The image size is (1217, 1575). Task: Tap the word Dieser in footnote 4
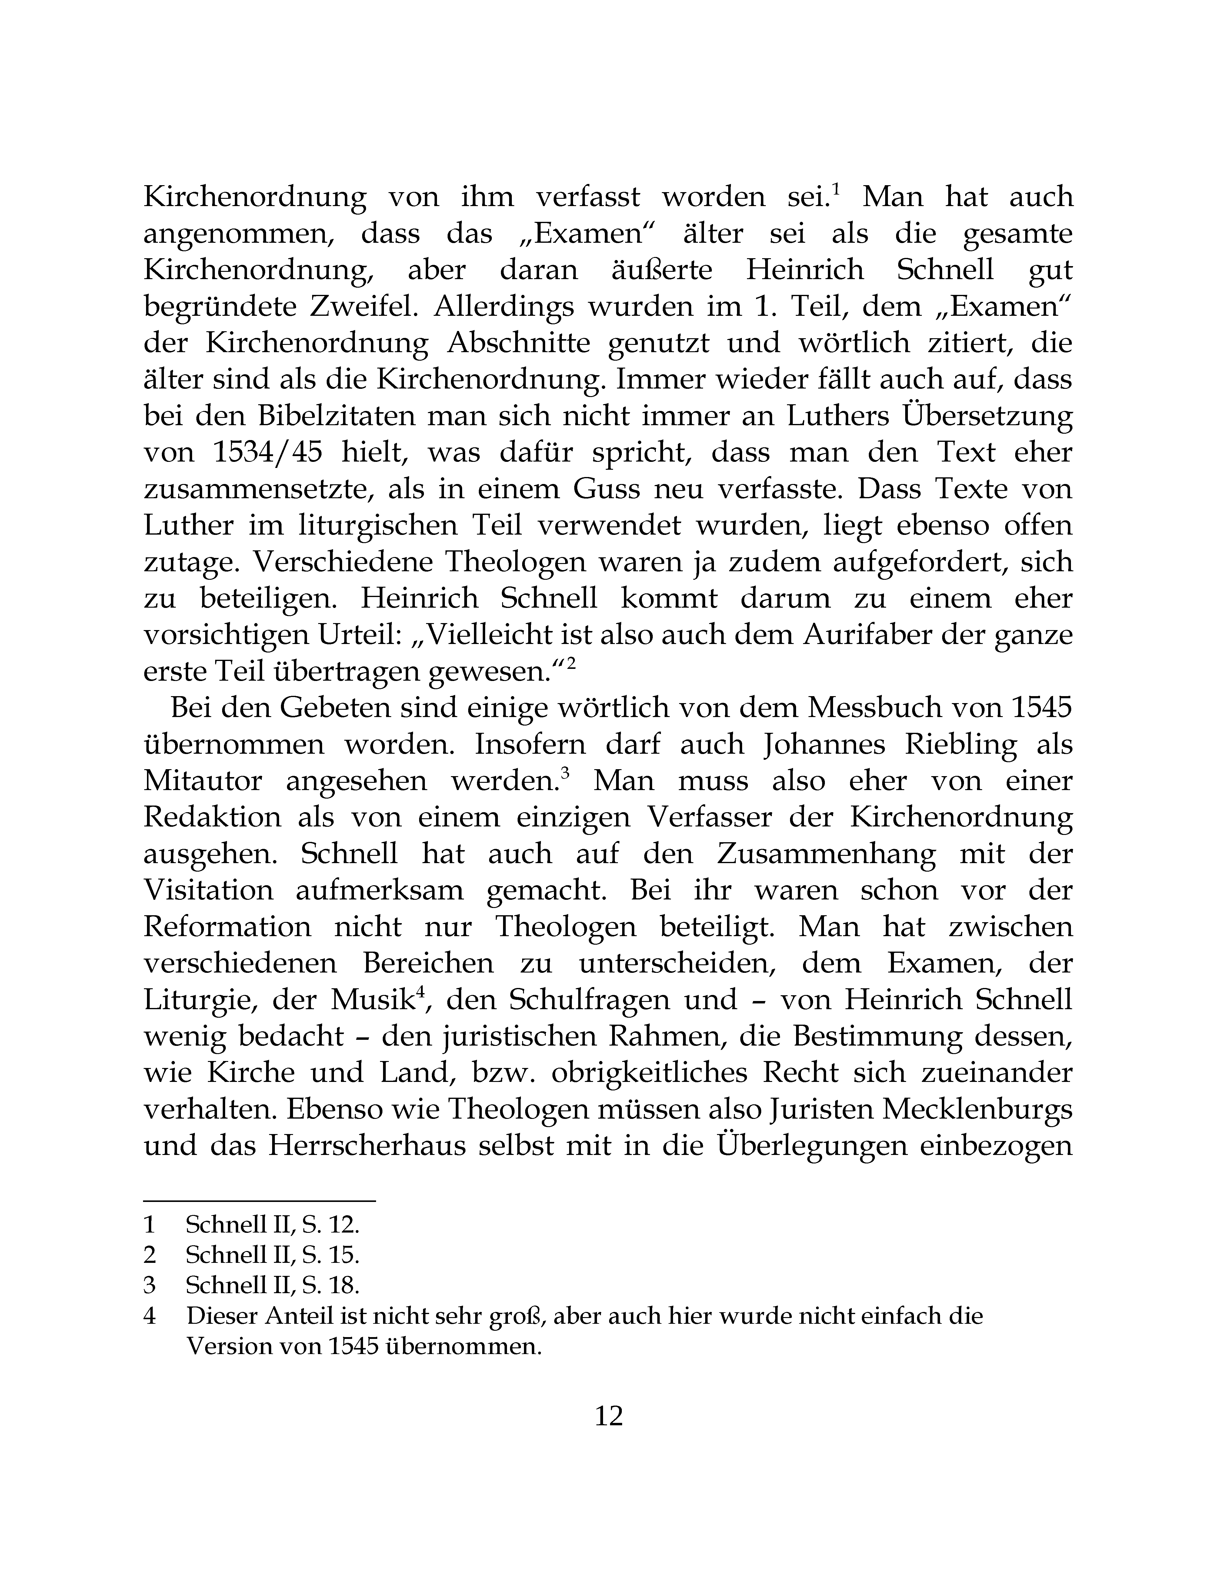tap(221, 1316)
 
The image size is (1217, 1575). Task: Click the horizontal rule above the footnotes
tap(259, 1201)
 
